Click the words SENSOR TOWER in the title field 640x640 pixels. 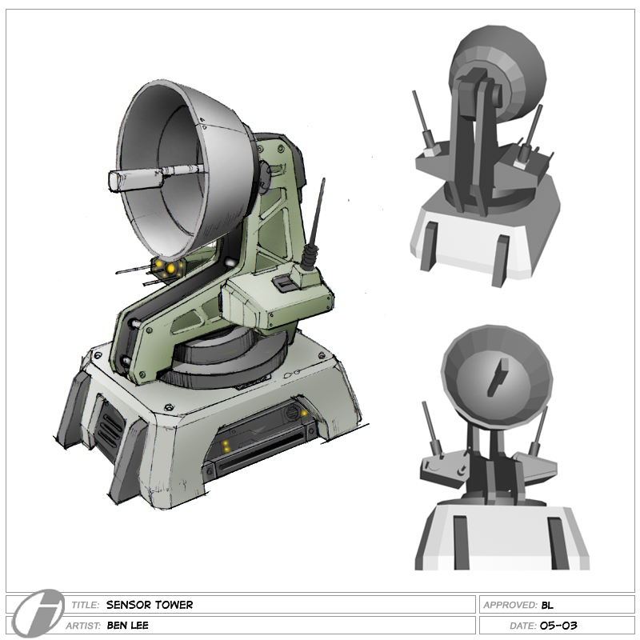pyautogui.click(x=149, y=605)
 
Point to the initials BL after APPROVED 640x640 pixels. pyautogui.click(x=547, y=605)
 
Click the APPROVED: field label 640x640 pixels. pyautogui.click(x=510, y=605)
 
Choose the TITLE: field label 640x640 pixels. pyautogui.click(x=85, y=605)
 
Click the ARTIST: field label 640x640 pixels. pyautogui.click(x=86, y=626)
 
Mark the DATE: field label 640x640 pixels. pyautogui.click(x=522, y=626)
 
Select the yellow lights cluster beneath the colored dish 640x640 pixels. pyautogui.click(x=166, y=266)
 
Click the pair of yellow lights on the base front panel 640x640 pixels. pyautogui.click(x=228, y=445)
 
